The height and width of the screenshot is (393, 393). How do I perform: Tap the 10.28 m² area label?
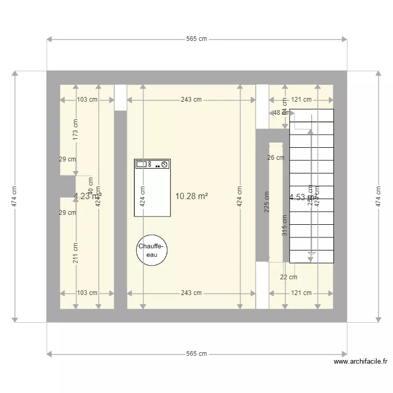click(x=192, y=196)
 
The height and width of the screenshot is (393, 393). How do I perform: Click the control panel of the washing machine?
click(x=152, y=165)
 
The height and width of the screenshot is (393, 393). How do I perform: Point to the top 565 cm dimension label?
click(x=196, y=39)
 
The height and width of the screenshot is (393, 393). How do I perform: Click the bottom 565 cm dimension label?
click(x=196, y=354)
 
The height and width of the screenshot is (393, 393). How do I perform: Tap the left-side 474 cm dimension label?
click(x=15, y=196)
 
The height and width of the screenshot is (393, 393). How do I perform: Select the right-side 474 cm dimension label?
click(x=378, y=196)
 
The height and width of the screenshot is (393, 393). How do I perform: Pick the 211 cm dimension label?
click(x=75, y=254)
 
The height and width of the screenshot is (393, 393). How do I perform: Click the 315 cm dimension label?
click(x=284, y=226)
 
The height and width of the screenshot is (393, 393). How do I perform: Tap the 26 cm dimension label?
click(x=276, y=157)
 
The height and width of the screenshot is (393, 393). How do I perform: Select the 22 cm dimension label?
click(x=288, y=277)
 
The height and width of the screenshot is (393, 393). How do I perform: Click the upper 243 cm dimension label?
click(x=191, y=100)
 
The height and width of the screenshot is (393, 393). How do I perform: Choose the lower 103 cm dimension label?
click(x=87, y=293)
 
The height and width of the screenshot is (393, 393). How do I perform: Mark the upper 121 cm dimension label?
click(x=301, y=100)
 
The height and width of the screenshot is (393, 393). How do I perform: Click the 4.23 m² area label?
click(x=88, y=196)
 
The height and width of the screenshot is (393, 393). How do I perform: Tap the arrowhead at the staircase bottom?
click(x=311, y=255)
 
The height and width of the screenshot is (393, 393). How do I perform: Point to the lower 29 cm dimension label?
click(x=68, y=213)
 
